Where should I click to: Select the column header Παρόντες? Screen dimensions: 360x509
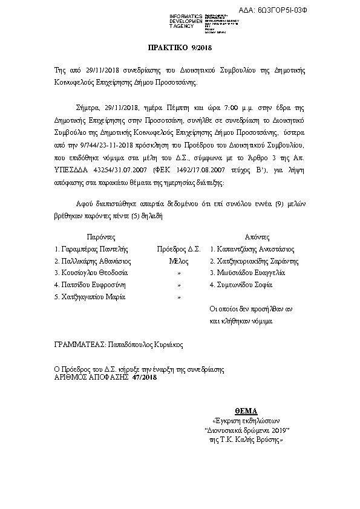click(96, 236)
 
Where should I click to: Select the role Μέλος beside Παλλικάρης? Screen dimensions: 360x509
click(178, 261)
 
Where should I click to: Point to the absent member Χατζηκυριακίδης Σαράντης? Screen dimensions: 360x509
click(258, 261)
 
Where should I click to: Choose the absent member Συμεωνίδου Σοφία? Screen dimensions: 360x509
click(244, 285)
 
